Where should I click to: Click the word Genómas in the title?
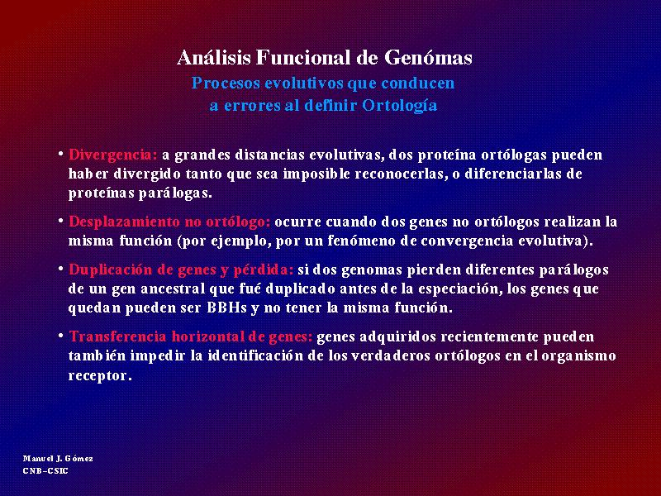pos(428,58)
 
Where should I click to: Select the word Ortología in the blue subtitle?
pos(400,106)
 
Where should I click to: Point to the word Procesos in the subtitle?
pos(225,83)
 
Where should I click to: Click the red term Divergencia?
pos(113,155)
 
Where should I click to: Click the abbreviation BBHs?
pos(226,308)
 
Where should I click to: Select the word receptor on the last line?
pos(100,376)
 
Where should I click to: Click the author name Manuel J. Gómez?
pos(58,459)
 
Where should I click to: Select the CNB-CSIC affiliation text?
pos(45,470)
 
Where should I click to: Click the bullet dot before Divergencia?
pos(60,153)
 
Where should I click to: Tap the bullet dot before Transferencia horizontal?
pos(60,336)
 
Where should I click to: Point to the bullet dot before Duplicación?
pos(60,267)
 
